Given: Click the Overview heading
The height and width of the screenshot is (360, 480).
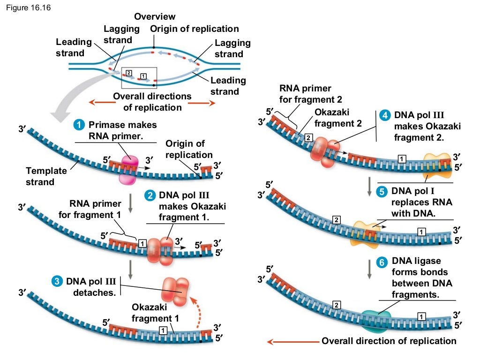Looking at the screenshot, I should click(155, 17).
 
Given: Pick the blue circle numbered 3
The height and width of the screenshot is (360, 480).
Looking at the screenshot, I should click(57, 282).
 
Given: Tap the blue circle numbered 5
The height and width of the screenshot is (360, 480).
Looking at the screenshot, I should click(382, 191).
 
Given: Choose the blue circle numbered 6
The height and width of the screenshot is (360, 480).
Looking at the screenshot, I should click(382, 262).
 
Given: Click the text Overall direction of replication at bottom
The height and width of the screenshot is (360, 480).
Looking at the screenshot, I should click(389, 341).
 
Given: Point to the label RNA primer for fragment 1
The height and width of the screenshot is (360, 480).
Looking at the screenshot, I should click(90, 210).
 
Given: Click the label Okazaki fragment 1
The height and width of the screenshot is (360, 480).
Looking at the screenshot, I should click(155, 313).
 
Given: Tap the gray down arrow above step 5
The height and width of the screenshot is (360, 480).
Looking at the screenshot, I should click(369, 186).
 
